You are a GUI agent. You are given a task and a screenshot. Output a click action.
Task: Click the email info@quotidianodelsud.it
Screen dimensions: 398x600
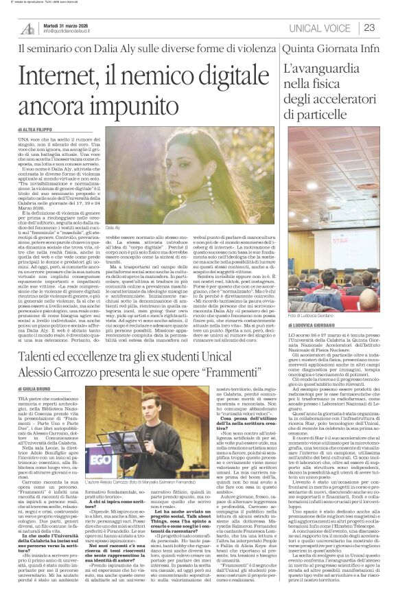tap(76, 32)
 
